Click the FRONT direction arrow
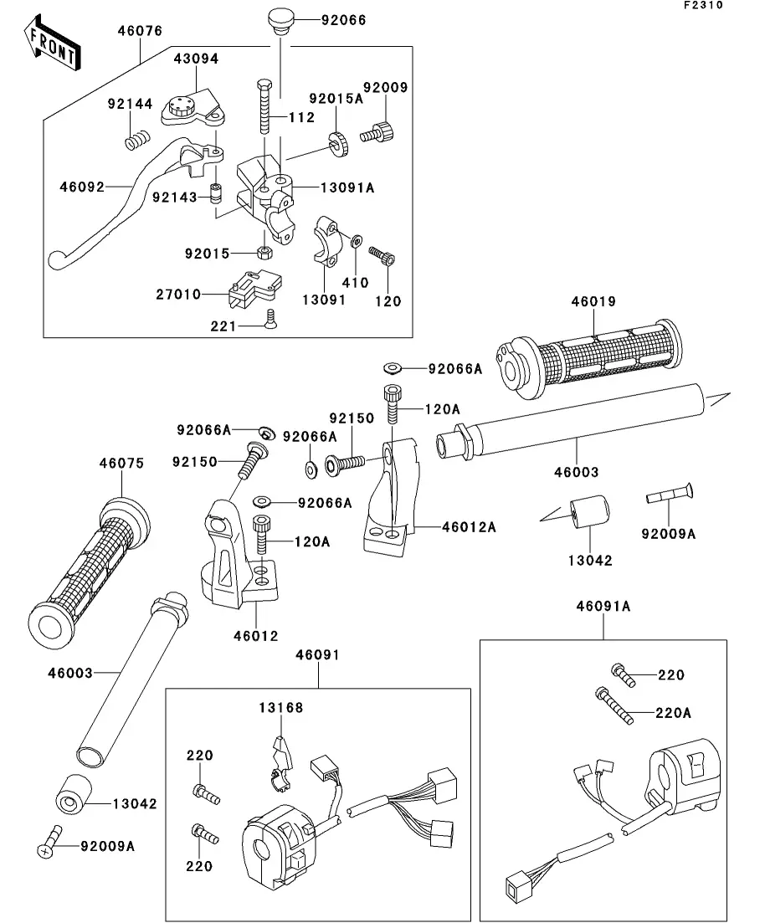click(53, 46)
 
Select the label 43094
click(195, 59)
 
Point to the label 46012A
click(469, 527)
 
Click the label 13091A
click(346, 188)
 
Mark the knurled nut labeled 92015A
click(338, 143)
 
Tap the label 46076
click(140, 32)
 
